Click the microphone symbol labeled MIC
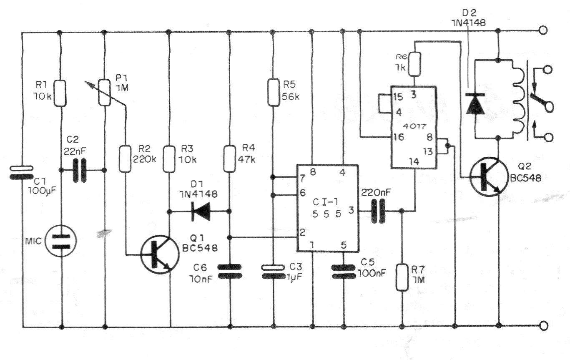pos(61,241)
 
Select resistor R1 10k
pos(61,93)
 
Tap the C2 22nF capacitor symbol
pos(82,170)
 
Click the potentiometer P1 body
pos(104,93)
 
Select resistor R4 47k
pos(229,159)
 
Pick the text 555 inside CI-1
pos(326,214)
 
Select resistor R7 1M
pos(402,277)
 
